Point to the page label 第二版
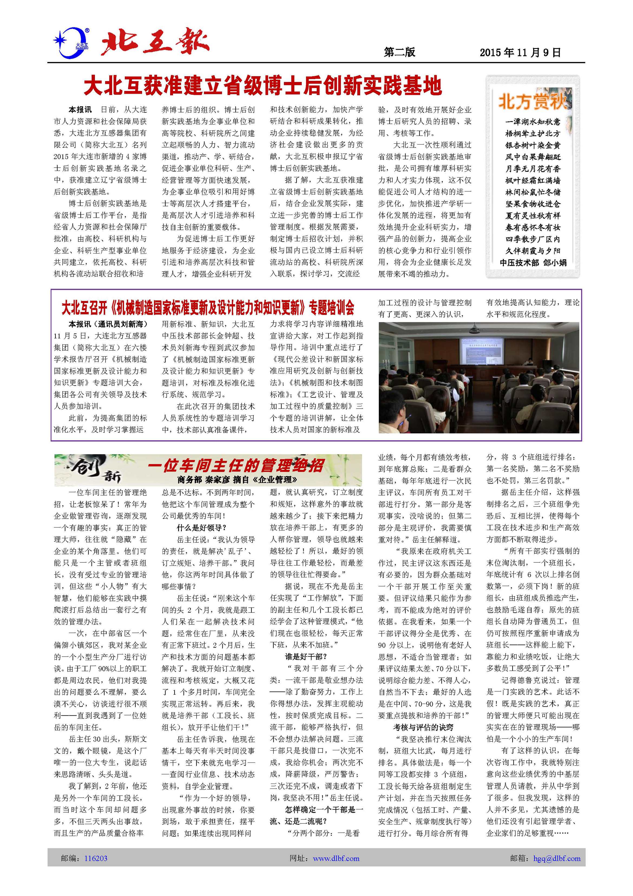tap(399, 52)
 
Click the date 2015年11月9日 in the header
tap(520, 52)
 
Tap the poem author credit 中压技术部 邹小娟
tap(533, 263)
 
